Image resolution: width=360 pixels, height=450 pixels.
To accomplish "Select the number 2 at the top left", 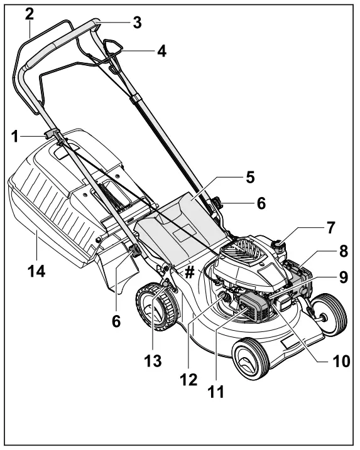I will [29, 14].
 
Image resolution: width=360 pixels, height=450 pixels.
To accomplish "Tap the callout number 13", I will [153, 362].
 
